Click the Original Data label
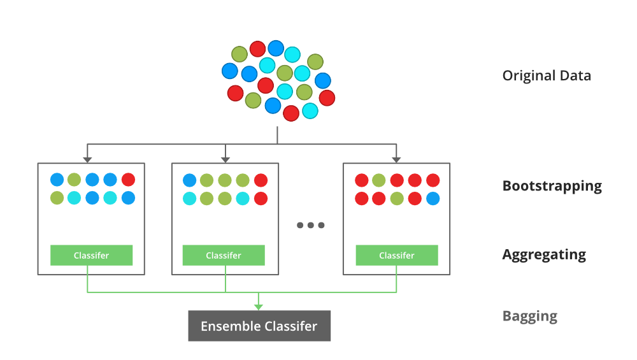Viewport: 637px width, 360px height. click(x=547, y=76)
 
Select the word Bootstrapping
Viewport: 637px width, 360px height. click(x=552, y=186)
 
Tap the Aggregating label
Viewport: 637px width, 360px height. click(x=544, y=255)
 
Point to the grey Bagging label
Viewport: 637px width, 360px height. click(x=529, y=316)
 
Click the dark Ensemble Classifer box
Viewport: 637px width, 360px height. click(x=259, y=326)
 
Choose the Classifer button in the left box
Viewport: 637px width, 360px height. click(x=91, y=256)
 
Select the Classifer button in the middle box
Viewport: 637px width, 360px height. click(x=224, y=256)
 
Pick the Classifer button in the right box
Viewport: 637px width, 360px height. click(x=397, y=256)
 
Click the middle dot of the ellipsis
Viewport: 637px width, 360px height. click(x=311, y=225)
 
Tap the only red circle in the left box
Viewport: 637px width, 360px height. click(x=128, y=180)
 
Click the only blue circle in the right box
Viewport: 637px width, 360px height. click(x=433, y=198)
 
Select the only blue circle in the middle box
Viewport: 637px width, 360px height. click(x=189, y=180)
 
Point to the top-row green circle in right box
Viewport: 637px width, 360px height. click(x=379, y=180)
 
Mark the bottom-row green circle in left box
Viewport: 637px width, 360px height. click(x=57, y=198)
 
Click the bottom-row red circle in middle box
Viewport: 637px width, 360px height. click(x=261, y=198)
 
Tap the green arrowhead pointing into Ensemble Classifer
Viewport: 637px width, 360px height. click(x=259, y=306)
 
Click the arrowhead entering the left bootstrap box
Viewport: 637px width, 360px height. click(x=87, y=159)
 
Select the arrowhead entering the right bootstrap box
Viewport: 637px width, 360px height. click(x=396, y=159)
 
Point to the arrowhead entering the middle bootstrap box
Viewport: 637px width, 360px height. click(x=225, y=159)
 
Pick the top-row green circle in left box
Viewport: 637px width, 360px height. click(x=75, y=180)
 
